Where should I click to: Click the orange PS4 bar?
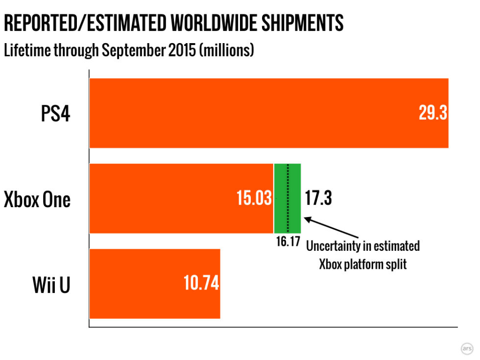(245, 113)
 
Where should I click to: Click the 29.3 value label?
(432, 113)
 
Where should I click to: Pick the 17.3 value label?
(318, 198)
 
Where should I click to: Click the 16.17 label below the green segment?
(288, 241)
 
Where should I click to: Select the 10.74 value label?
(201, 284)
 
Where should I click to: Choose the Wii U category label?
(51, 285)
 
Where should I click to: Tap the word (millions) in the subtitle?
(226, 50)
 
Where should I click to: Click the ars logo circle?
(467, 348)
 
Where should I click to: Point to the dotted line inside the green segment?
(288, 198)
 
